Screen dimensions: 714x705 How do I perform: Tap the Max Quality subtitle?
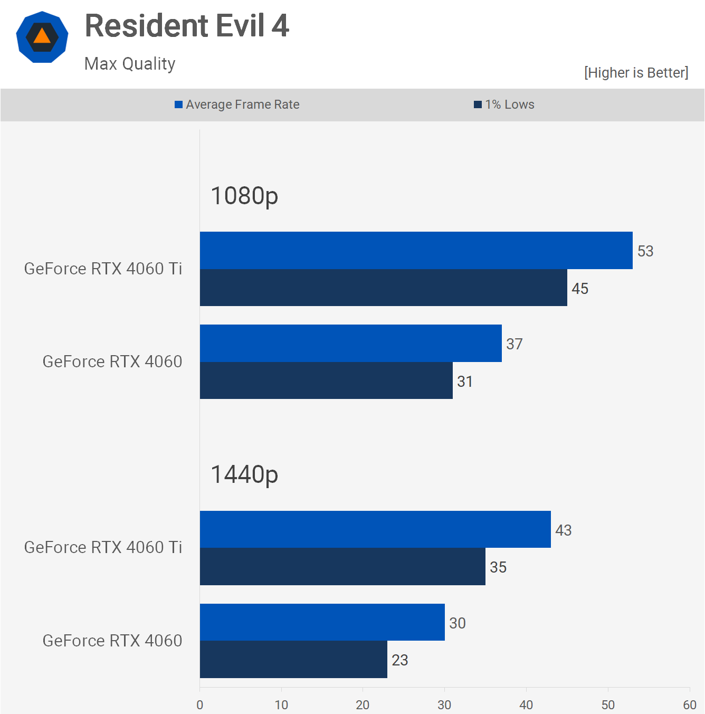[x=130, y=64]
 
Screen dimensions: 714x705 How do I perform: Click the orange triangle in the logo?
[x=42, y=36]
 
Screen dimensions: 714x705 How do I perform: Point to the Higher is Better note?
[x=636, y=73]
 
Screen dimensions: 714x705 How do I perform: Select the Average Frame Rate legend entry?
[x=237, y=104]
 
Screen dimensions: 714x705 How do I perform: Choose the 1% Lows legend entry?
[x=504, y=104]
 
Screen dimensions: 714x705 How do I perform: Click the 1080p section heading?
[x=244, y=196]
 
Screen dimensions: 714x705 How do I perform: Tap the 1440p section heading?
[x=244, y=474]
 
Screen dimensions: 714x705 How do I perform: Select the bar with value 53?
[x=416, y=250]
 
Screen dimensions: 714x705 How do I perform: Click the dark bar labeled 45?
[x=383, y=288]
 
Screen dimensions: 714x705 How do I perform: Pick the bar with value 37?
[x=350, y=343]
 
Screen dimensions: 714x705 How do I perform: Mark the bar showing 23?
[x=293, y=660]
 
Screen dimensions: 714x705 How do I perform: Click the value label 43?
[x=564, y=530]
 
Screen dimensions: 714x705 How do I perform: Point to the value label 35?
[x=498, y=567]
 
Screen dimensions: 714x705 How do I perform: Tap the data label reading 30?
[x=458, y=623]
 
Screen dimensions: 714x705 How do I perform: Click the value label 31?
[x=465, y=382]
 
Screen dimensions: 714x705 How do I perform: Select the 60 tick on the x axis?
[x=690, y=705]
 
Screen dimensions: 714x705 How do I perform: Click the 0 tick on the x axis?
[x=199, y=705]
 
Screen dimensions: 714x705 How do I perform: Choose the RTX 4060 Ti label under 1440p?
[x=103, y=547]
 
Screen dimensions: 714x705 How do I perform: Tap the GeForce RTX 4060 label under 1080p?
[x=112, y=361]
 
